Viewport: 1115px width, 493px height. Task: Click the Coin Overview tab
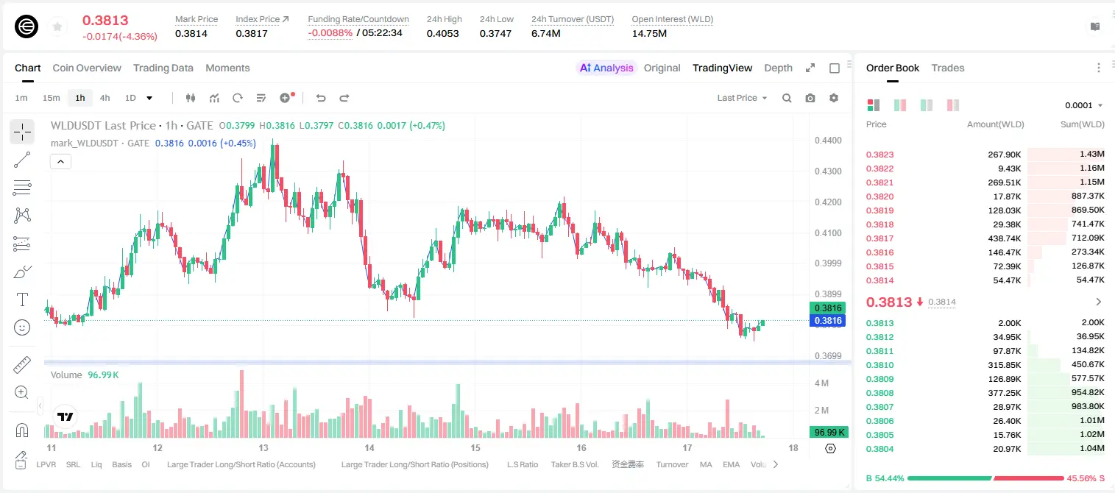point(87,68)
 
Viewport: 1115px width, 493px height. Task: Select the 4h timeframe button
point(105,98)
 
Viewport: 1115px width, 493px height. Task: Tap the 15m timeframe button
point(51,98)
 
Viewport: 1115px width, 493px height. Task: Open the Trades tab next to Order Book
point(947,68)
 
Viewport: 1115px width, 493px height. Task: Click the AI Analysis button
point(606,68)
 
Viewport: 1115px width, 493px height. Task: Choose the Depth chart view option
point(778,68)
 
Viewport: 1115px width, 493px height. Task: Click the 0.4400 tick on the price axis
point(828,141)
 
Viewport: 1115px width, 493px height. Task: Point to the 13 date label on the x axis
point(263,447)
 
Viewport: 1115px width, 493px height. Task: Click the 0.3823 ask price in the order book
point(879,155)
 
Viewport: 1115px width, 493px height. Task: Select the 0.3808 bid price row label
point(879,393)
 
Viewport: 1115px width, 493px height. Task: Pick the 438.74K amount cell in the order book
point(1004,238)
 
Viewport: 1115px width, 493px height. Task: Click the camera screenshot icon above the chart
point(810,98)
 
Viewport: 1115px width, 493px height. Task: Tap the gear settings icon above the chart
point(834,98)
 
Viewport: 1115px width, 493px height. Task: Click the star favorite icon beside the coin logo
point(57,26)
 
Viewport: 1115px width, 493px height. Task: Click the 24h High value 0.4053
point(442,33)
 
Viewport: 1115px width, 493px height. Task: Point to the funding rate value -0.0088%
point(330,33)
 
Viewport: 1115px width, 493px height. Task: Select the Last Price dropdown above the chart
point(742,98)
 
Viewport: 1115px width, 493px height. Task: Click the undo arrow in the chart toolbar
point(321,98)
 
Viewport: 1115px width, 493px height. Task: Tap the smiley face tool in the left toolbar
point(22,327)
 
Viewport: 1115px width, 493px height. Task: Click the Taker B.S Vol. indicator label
point(574,464)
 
